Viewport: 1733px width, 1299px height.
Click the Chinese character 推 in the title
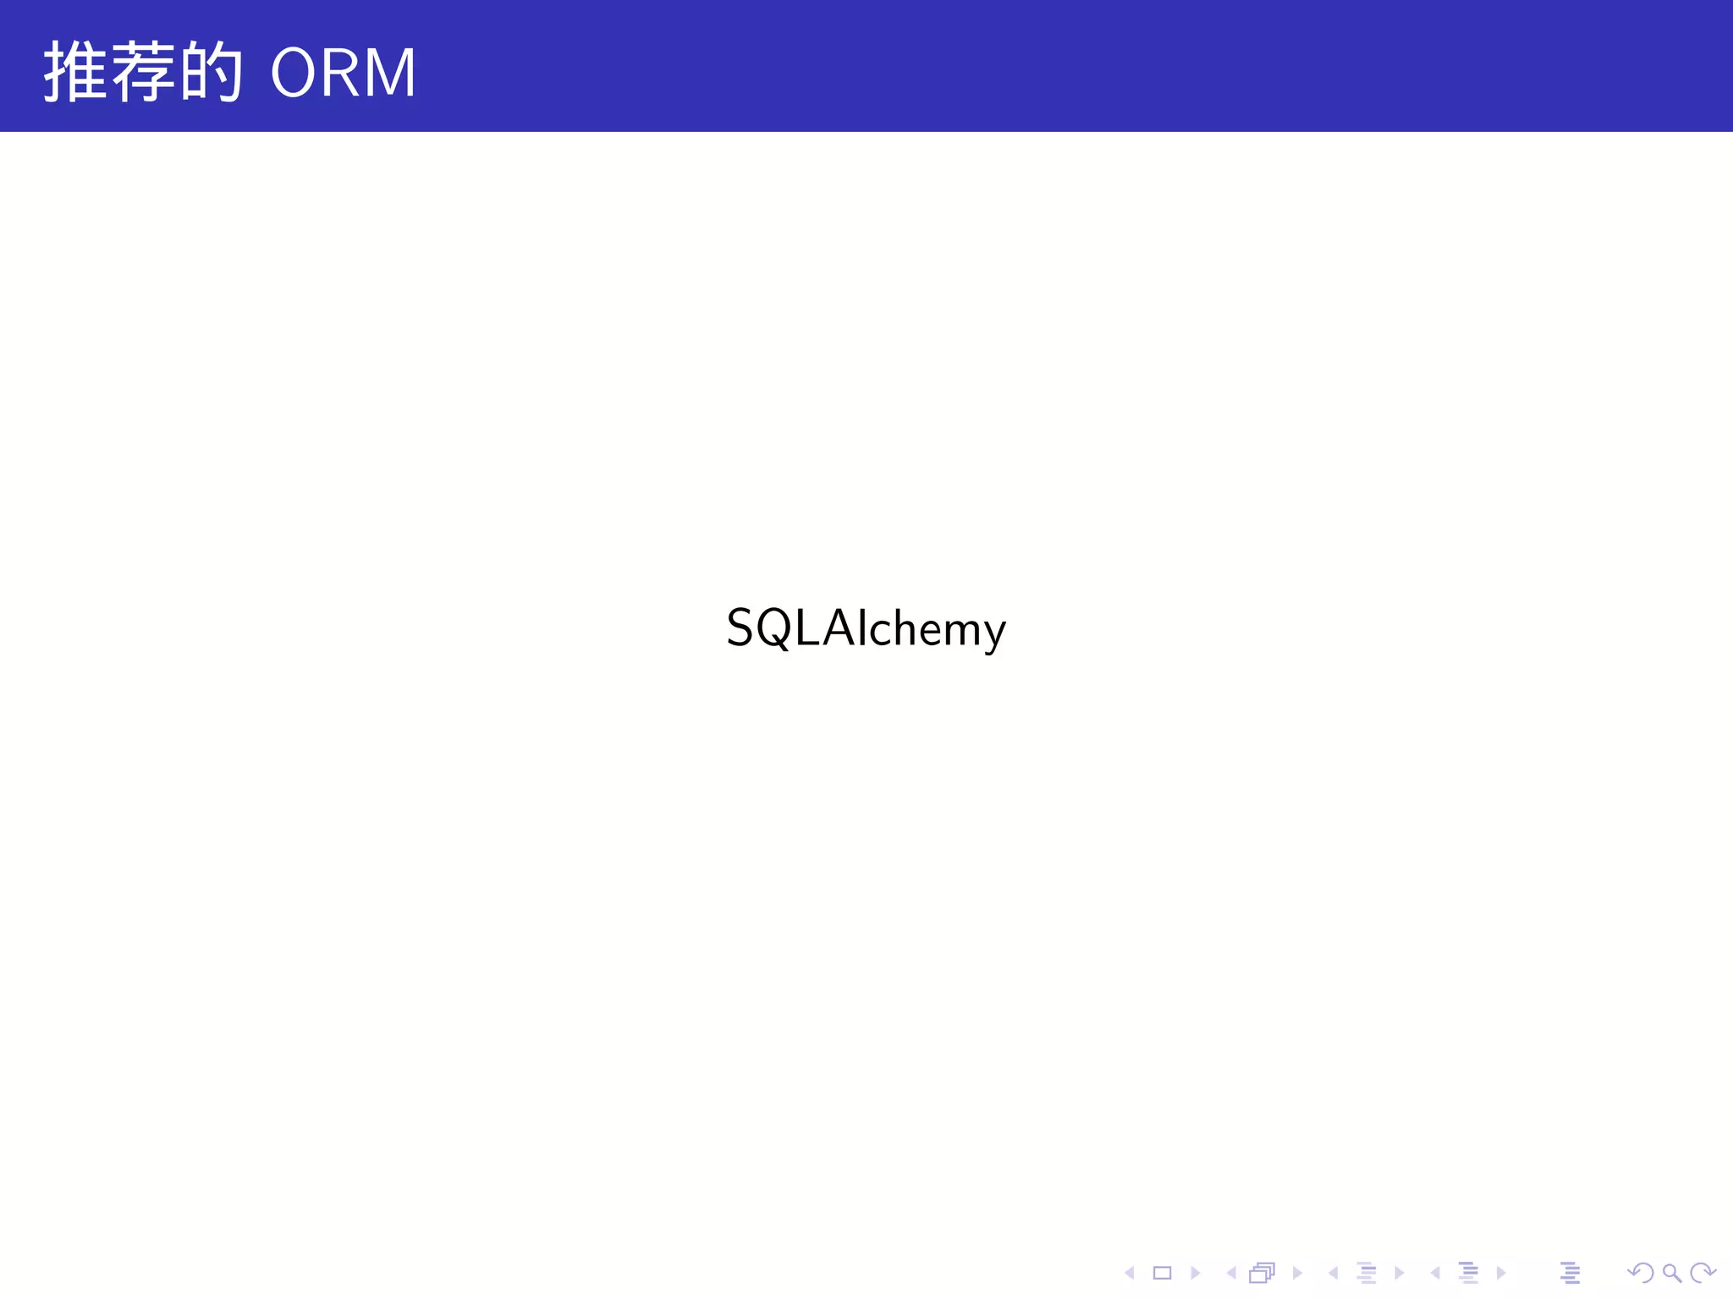(75, 72)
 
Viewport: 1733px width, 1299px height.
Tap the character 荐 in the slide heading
(143, 72)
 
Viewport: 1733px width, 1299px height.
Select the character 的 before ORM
(212, 72)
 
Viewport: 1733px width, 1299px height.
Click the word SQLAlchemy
(866, 629)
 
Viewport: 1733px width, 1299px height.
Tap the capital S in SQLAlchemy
(740, 628)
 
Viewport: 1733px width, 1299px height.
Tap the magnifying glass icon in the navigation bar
(1671, 1273)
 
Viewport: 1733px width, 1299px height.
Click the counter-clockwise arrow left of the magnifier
(1641, 1273)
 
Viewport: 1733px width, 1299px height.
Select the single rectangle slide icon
(1162, 1273)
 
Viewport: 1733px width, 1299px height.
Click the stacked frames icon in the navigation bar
(1262, 1273)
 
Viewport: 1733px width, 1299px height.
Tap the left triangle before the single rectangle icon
(1129, 1273)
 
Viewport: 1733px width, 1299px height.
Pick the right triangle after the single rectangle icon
(1195, 1273)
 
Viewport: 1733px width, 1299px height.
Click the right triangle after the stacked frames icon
(1296, 1273)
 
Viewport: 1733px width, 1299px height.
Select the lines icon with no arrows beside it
(1571, 1273)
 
